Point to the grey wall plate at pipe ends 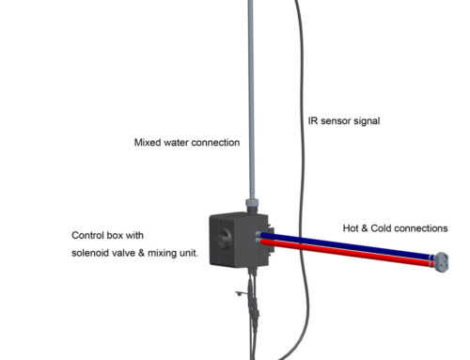pyautogui.click(x=434, y=259)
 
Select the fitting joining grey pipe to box pyautogui.click(x=252, y=204)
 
